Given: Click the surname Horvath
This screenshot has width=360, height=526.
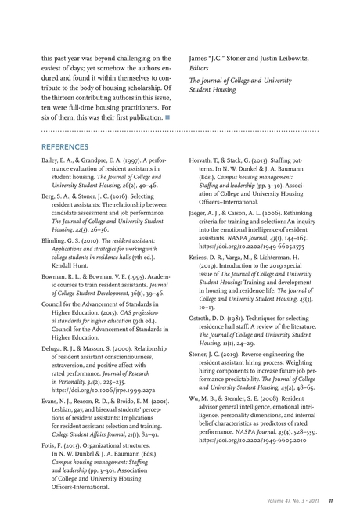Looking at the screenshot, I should pyautogui.click(x=203, y=160).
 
